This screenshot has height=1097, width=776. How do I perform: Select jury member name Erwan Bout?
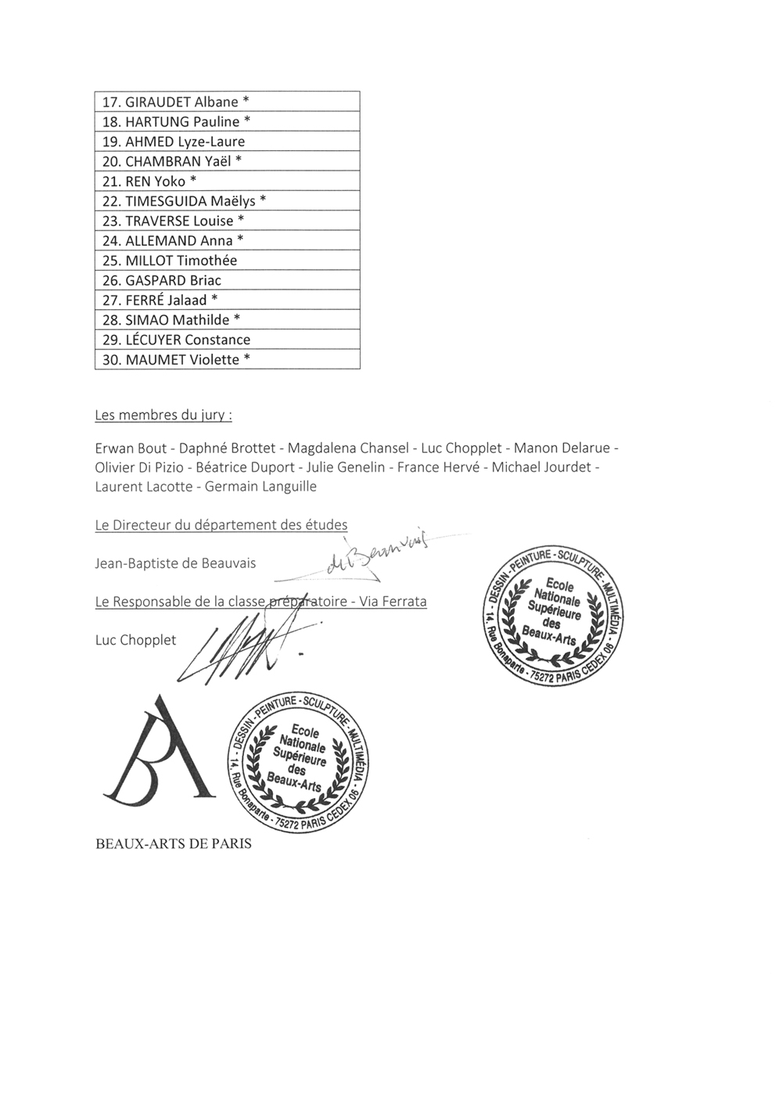point(131,448)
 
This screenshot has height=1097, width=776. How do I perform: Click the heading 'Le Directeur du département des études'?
point(221,525)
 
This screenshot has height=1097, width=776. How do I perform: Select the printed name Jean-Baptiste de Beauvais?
point(175,563)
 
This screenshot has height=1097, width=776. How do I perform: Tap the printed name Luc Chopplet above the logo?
point(135,640)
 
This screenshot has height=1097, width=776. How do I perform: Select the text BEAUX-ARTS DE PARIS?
point(173,844)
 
